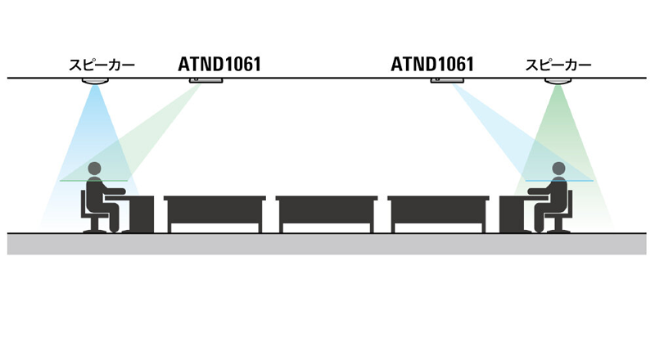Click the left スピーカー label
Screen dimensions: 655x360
coord(102,65)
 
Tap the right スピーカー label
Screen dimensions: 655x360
coord(558,65)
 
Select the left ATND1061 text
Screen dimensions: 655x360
coord(219,65)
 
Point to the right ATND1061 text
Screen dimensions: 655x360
coord(432,65)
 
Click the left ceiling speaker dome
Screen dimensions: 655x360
coord(95,81)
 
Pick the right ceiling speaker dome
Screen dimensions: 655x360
coord(558,81)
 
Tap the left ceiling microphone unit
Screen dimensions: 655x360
coord(206,80)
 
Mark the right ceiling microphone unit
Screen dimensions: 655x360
coord(447,80)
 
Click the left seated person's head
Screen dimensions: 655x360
coord(95,169)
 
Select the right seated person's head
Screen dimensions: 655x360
coord(558,169)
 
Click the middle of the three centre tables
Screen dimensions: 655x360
coord(327,214)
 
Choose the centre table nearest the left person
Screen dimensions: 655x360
coord(215,214)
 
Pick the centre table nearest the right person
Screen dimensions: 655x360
coord(439,214)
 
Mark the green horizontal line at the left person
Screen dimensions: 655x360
coord(93,181)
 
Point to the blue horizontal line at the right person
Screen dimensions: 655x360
coord(559,181)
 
